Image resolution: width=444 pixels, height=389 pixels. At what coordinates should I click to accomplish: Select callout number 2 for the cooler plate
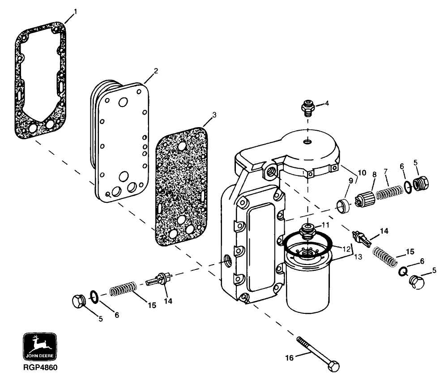click(155, 71)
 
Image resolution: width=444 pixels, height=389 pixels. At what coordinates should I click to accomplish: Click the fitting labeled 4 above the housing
click(307, 107)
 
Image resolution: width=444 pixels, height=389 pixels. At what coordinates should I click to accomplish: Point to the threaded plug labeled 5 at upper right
click(421, 183)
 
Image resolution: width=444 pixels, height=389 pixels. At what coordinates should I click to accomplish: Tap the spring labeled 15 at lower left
click(122, 289)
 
